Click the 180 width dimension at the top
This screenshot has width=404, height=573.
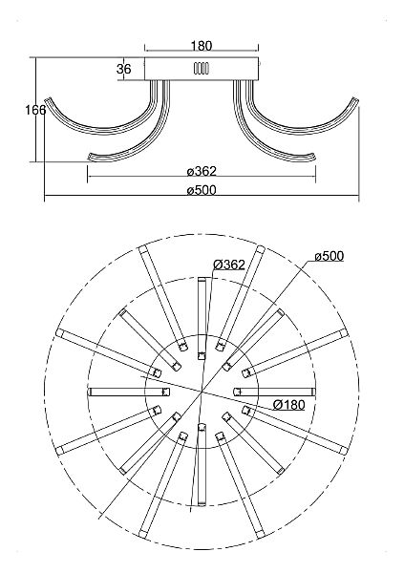pos(202,46)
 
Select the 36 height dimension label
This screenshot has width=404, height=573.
pos(124,69)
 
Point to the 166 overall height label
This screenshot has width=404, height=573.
pos(35,110)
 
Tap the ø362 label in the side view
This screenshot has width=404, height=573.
pos(202,171)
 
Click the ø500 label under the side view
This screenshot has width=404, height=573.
pos(202,190)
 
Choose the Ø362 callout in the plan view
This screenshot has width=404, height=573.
pos(229,265)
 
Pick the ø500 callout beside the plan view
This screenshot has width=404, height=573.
pos(330,256)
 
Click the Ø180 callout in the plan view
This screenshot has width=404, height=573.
pos(289,405)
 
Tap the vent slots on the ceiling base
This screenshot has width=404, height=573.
pos(202,69)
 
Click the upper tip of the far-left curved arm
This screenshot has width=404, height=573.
pos(47,99)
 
